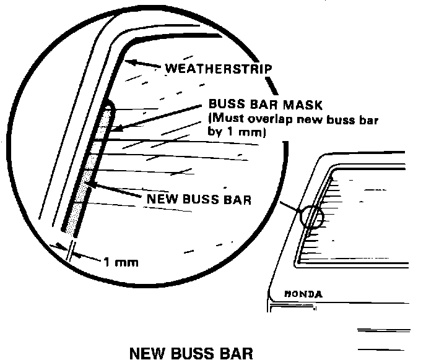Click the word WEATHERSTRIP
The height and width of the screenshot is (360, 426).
click(x=217, y=67)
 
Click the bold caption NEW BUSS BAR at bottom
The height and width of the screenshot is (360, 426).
click(x=191, y=353)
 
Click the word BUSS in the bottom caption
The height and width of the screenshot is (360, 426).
click(x=193, y=353)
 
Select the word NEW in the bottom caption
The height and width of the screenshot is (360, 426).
click(x=146, y=353)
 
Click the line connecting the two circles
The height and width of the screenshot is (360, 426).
click(x=290, y=208)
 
